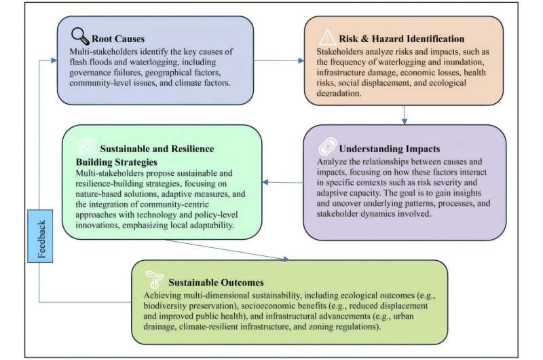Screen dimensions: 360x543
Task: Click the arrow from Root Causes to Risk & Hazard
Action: pos(278,61)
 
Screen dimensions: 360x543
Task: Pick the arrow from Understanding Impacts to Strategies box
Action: pos(281,182)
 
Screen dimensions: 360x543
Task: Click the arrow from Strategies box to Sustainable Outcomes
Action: pos(224,252)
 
